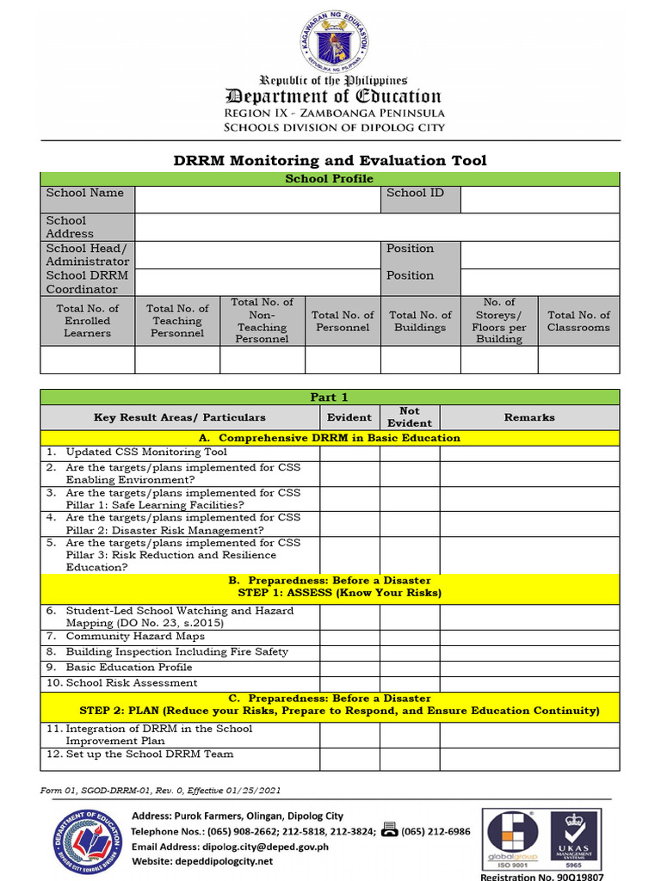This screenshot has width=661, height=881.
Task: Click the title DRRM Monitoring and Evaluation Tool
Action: point(330,161)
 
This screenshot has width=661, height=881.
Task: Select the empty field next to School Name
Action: point(257,200)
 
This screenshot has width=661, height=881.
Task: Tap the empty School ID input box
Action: point(540,200)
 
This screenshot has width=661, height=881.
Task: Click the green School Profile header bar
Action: point(330,179)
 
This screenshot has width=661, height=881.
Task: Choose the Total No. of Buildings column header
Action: point(420,321)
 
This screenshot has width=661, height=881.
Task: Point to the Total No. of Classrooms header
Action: point(578,321)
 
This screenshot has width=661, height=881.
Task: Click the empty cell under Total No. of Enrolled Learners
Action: point(88,360)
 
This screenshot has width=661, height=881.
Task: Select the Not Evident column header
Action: point(410,417)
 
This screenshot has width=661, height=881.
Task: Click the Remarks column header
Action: point(529,417)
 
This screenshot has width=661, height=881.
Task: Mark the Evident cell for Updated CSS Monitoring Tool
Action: point(349,453)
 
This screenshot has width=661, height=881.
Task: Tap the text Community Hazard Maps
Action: point(135,637)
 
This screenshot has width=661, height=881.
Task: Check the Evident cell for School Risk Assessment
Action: point(349,683)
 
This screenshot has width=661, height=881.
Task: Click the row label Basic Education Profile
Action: point(129,668)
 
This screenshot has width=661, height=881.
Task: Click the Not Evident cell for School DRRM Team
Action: point(410,759)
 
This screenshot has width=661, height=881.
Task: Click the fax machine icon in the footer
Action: point(389,830)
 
